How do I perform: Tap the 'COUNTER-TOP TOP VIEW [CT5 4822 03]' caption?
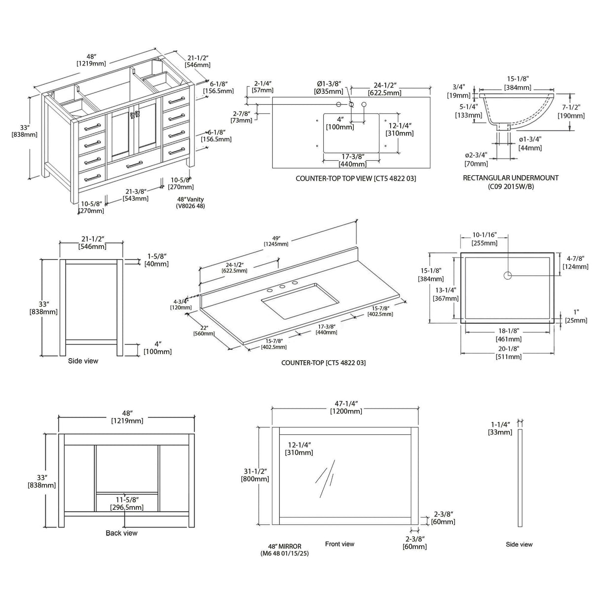click(355, 179)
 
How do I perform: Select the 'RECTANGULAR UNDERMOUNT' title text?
click(511, 178)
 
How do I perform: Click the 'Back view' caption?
click(121, 533)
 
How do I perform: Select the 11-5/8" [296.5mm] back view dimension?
click(126, 504)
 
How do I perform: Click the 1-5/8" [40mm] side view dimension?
click(156, 260)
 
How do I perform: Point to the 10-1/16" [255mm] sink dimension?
click(484, 239)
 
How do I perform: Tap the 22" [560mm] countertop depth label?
click(204, 331)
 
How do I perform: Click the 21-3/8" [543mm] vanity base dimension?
click(135, 195)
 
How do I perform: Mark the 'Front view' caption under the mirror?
click(339, 544)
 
